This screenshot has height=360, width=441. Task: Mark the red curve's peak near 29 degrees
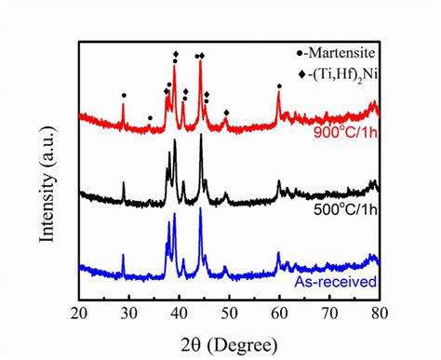point(123,105)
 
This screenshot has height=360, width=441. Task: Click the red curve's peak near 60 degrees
point(278,95)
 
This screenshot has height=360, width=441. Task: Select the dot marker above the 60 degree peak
point(279,86)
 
